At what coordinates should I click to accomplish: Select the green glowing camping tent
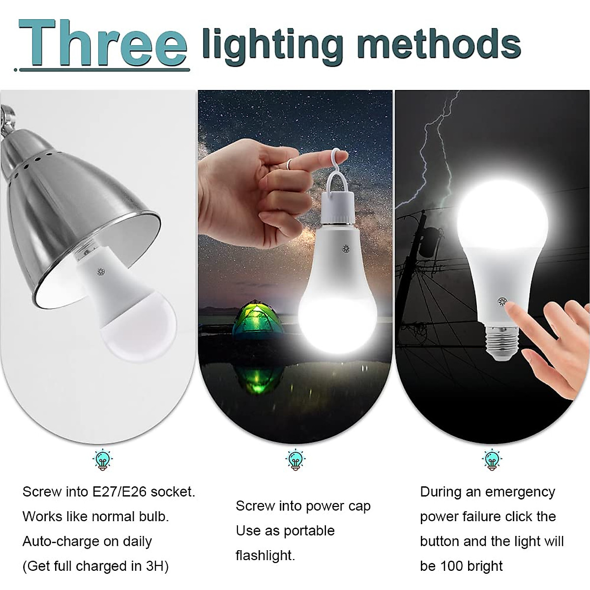coord(256,322)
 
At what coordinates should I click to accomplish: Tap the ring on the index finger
coord(291,163)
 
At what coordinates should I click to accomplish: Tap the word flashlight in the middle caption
coord(265,556)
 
